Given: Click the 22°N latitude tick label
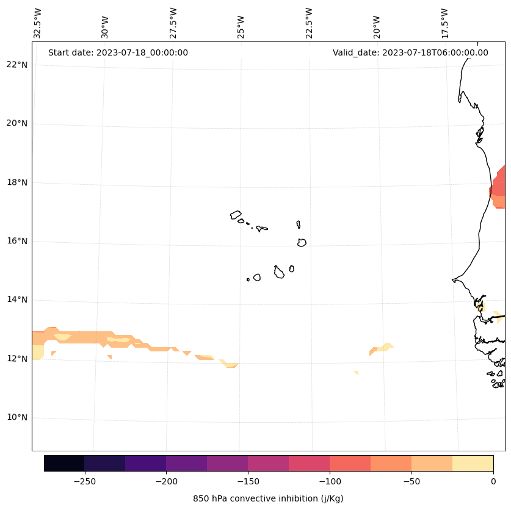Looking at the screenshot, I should tap(18, 65).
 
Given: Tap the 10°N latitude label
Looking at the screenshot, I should tap(18, 418).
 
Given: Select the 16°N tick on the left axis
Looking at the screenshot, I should tap(18, 241).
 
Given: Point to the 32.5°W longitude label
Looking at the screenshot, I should tap(38, 23).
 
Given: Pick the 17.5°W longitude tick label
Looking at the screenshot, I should tap(445, 23).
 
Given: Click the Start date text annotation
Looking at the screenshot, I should tap(118, 52).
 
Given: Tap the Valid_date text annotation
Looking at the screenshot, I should tap(410, 52).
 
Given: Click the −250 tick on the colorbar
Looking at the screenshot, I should tap(84, 481).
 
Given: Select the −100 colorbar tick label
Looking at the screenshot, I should tap(330, 481).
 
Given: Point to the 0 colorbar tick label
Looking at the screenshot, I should tap(493, 481).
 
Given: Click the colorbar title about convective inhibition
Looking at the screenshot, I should tap(268, 498).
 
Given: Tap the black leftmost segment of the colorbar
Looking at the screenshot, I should tap(64, 463).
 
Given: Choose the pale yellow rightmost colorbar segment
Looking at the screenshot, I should tap(473, 463).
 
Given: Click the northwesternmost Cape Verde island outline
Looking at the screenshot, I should tap(236, 215).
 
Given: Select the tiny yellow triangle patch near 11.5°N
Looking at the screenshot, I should tap(356, 372).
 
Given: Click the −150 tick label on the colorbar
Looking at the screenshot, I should tap(248, 481).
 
